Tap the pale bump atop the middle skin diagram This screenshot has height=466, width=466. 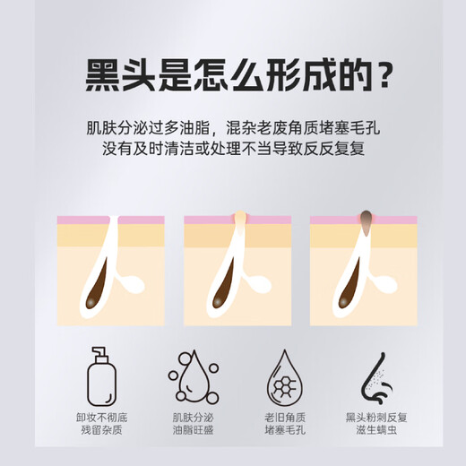[239, 217]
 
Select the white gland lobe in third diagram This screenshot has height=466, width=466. [386, 286]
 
